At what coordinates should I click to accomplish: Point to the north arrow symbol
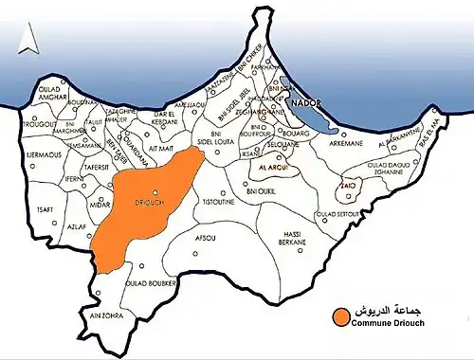click(31, 43)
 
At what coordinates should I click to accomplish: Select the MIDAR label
click(101, 204)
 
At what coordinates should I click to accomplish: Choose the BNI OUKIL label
click(259, 191)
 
